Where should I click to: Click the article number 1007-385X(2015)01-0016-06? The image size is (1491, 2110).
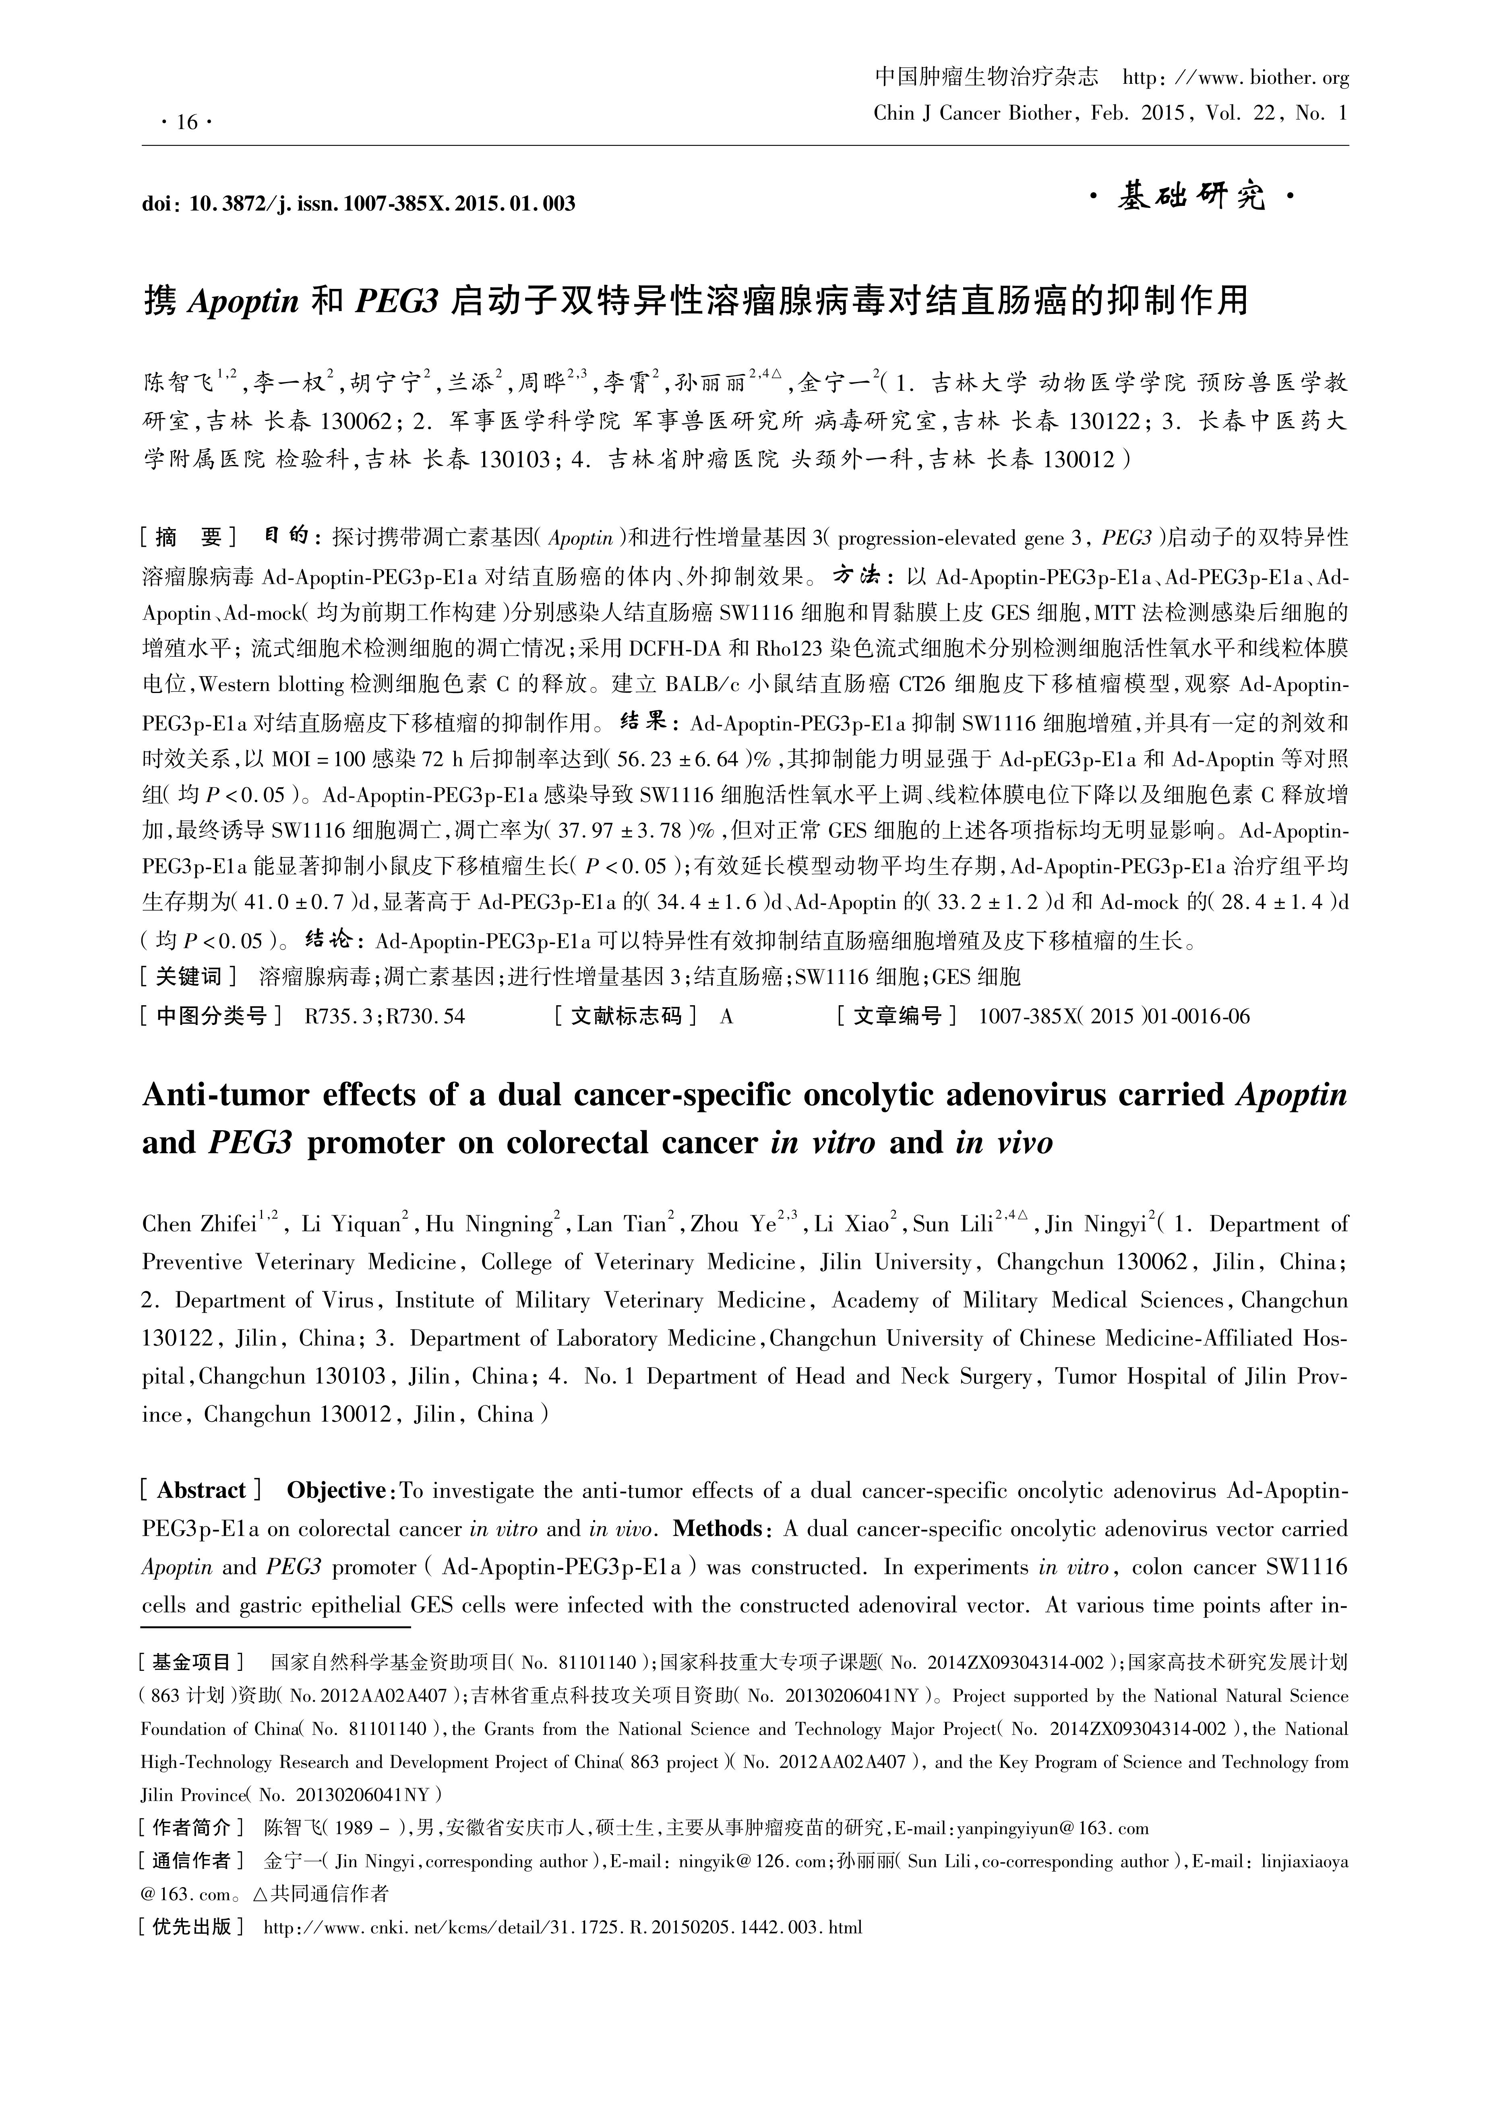[x=1113, y=1015]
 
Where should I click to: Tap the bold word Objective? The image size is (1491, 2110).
[x=335, y=1491]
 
